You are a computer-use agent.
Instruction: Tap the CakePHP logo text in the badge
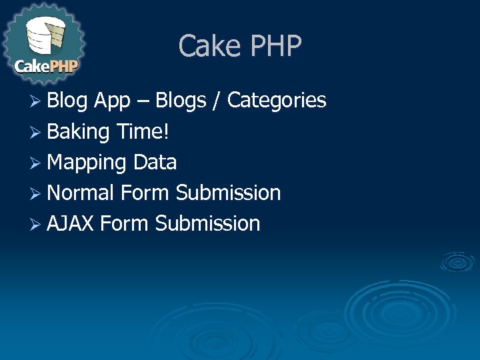click(46, 67)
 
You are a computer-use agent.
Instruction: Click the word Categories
click(277, 101)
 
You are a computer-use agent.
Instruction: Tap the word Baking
click(78, 131)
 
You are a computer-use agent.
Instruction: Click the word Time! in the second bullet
click(142, 131)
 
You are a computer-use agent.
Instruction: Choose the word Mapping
click(87, 162)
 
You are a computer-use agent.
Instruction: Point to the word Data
click(155, 162)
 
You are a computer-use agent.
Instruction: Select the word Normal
click(81, 193)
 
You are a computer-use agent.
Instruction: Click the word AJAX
click(71, 223)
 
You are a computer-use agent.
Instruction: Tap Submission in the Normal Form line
click(228, 193)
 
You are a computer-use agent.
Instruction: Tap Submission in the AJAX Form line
click(207, 223)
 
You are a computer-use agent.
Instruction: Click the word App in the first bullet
click(112, 101)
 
